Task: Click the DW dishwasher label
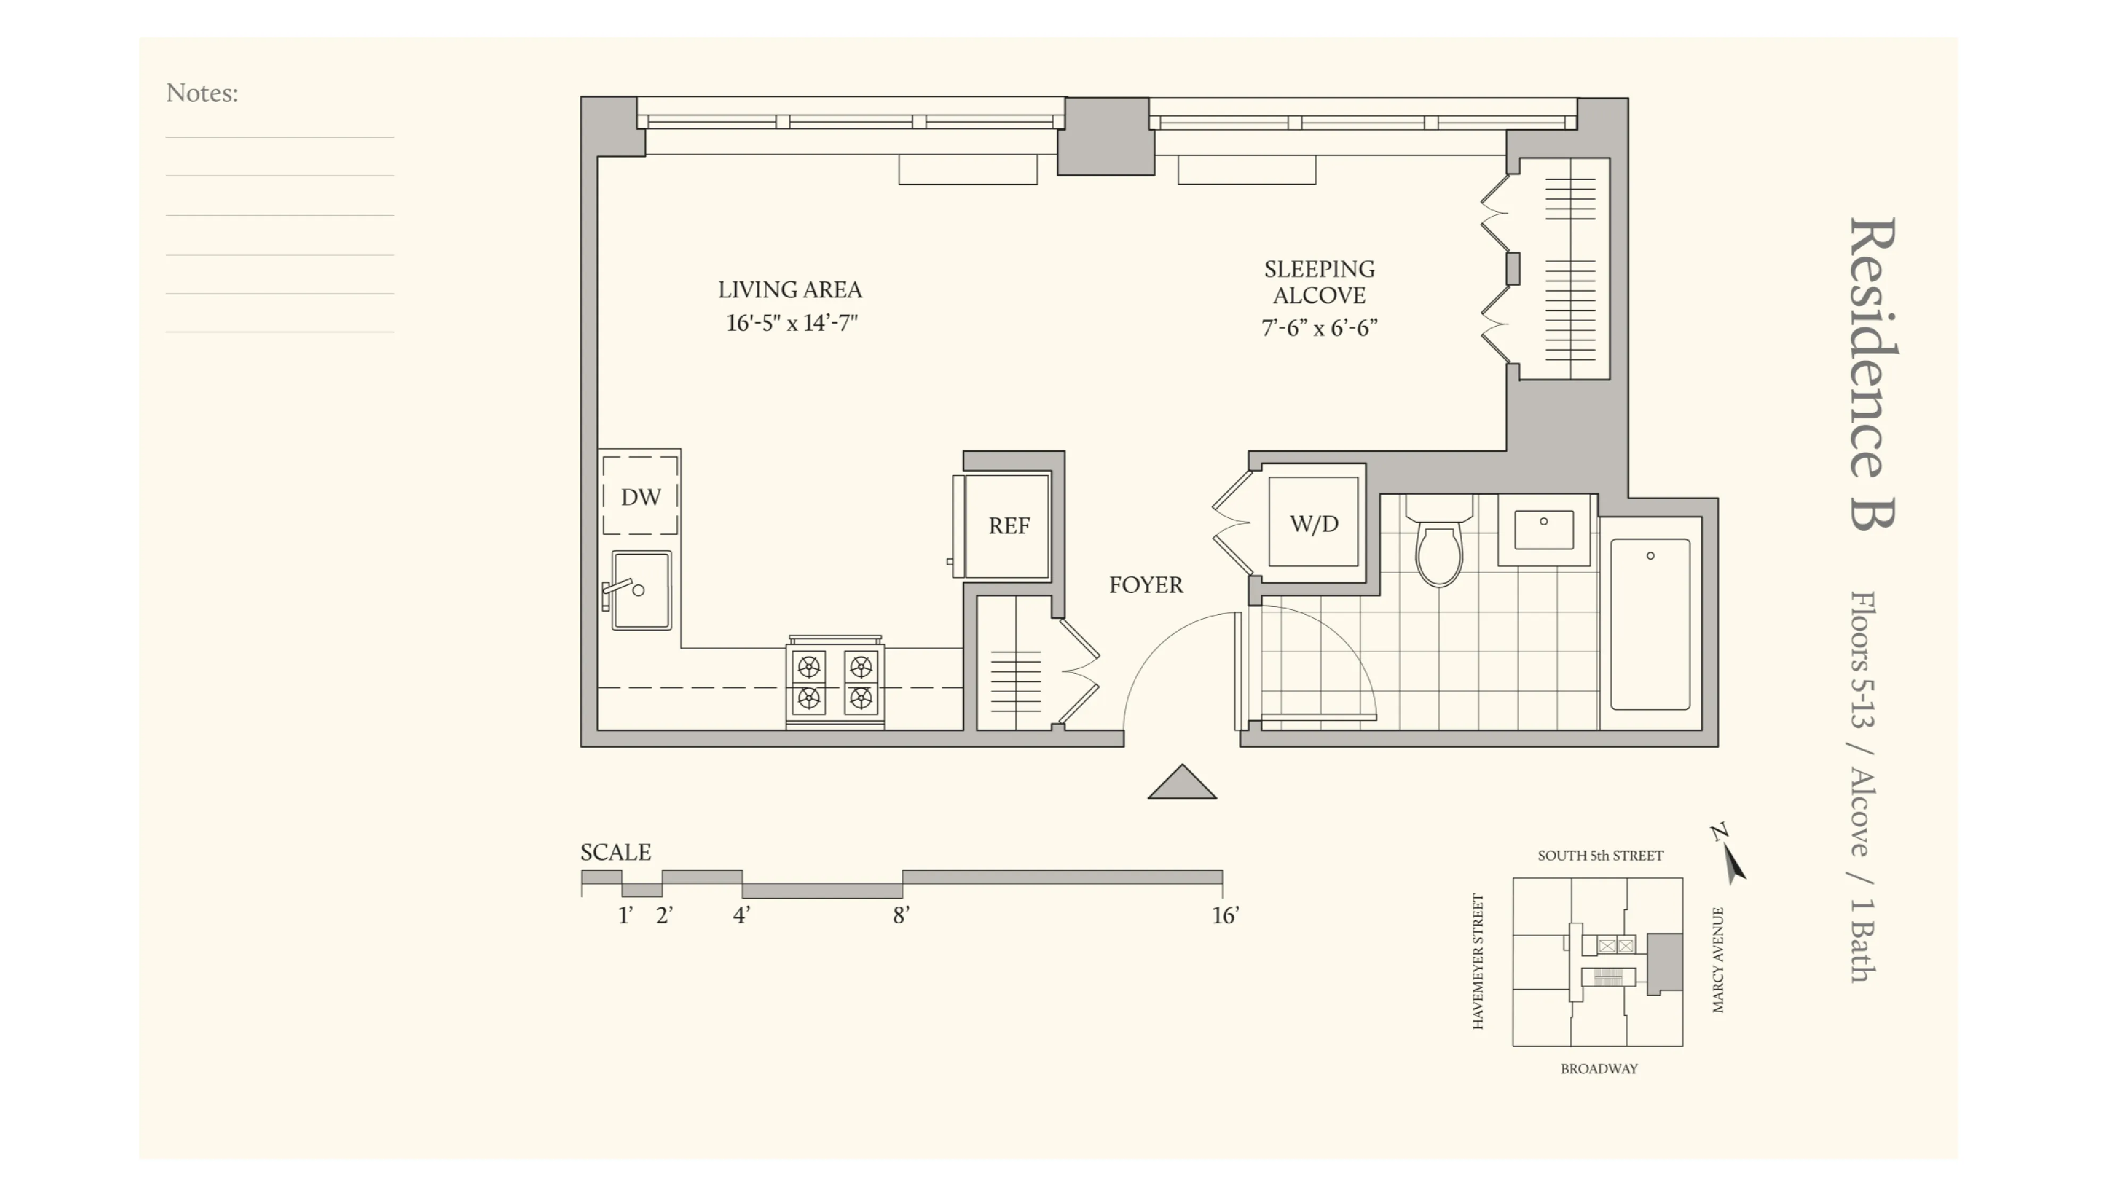pos(640,497)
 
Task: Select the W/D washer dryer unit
pos(1313,523)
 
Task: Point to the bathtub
pos(1650,624)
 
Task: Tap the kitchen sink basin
pos(642,590)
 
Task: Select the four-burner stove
pos(835,684)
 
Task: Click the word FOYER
pos(1145,585)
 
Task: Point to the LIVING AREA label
pos(790,290)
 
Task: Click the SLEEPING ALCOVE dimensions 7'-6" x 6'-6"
pos(1319,329)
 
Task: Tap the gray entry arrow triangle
pos(1182,784)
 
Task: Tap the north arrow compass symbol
pos(1730,855)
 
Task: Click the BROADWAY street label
pos(1599,1069)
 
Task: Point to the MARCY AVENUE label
pos(1717,960)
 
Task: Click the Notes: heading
pos(202,93)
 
